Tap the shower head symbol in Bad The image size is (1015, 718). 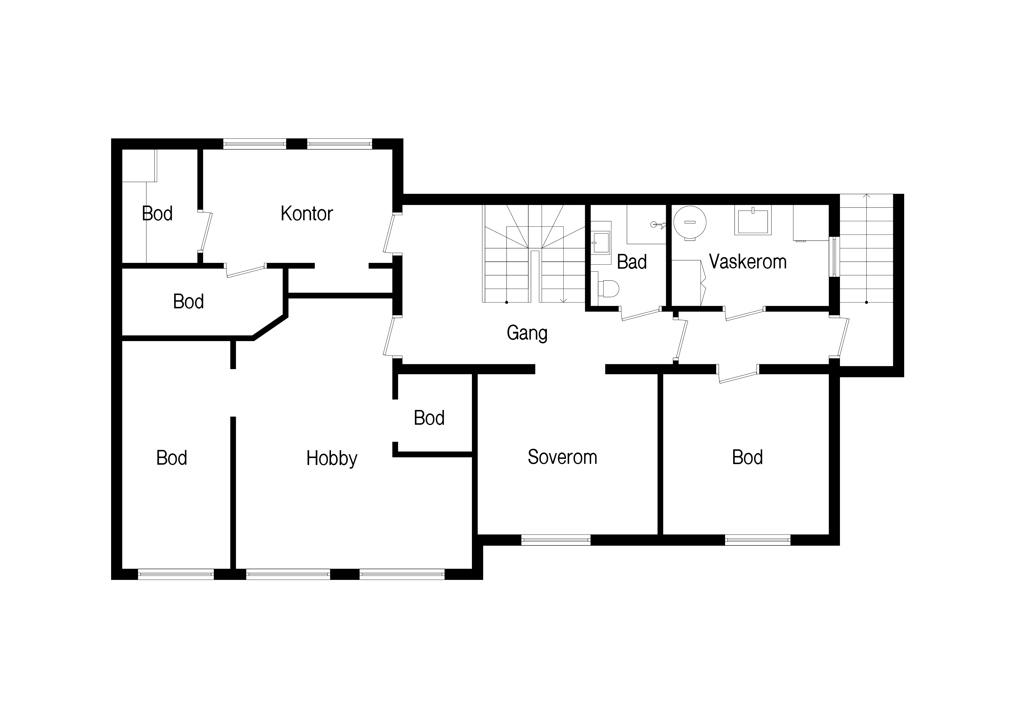point(657,225)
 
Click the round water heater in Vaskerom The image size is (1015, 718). point(689,223)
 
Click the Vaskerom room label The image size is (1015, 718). point(748,262)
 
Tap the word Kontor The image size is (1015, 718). point(306,214)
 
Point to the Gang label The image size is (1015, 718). point(527,333)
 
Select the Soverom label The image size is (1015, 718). point(562,457)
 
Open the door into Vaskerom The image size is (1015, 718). point(744,313)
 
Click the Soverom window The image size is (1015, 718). point(556,540)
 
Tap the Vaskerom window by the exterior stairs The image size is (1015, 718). point(835,257)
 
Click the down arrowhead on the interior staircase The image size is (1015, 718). point(563,301)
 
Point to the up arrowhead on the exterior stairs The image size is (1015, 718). point(867,196)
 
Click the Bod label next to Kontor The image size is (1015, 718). point(157,214)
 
